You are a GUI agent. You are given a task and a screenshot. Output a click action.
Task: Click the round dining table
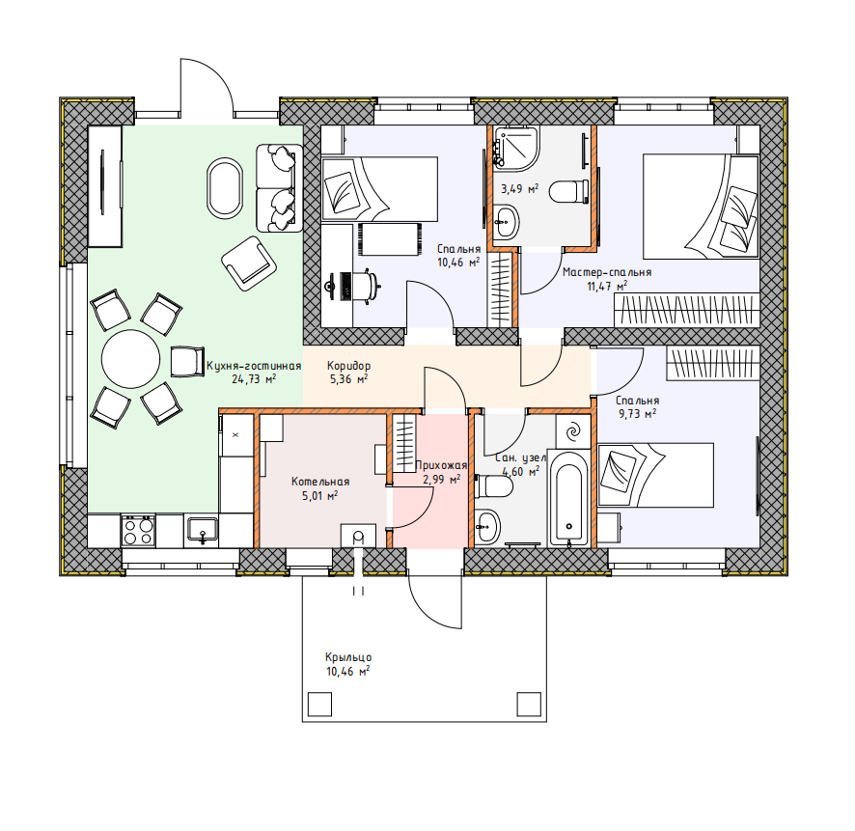point(131,359)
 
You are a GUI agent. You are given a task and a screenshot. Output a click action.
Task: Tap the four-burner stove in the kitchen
point(138,531)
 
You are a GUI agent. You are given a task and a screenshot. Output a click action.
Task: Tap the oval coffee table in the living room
point(224,187)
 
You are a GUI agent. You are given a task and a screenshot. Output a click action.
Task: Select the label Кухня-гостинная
point(254,366)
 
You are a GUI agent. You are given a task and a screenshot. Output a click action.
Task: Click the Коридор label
point(349,366)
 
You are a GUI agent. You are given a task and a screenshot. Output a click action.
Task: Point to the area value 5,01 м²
point(320,496)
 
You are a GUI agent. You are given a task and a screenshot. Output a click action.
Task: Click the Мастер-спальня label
point(607,272)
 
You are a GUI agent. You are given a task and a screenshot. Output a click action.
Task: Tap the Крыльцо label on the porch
point(348,657)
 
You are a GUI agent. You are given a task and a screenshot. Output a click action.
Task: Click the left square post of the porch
point(319,704)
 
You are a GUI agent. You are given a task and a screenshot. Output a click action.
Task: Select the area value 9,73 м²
point(637,414)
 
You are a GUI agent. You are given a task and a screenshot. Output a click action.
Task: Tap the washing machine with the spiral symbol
point(573,431)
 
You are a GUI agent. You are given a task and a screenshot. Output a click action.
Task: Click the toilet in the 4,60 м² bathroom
point(493,485)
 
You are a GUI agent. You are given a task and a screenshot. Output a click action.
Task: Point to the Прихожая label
point(441,465)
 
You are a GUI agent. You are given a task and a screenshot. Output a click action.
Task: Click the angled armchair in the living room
point(249,263)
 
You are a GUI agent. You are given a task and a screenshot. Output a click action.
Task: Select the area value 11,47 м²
point(607,286)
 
